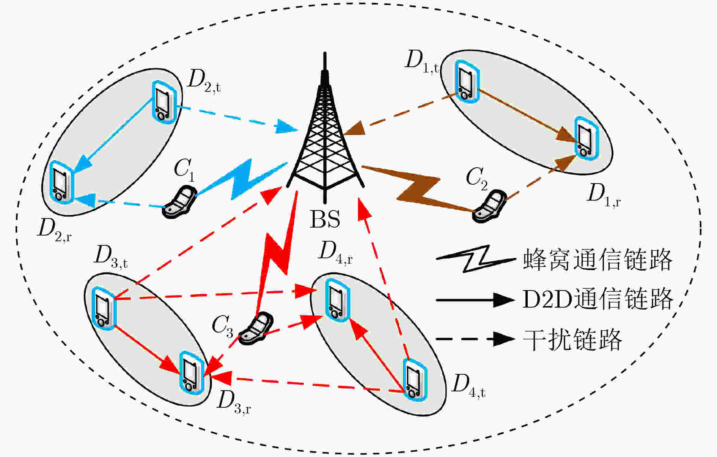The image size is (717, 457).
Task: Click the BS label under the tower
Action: [325, 219]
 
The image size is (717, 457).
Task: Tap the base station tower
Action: [325, 129]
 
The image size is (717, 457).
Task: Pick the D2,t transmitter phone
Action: [164, 102]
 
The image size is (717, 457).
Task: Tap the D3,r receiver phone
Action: [191, 373]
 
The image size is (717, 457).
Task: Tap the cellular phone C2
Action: [489, 207]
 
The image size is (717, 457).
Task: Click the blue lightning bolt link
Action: [242, 179]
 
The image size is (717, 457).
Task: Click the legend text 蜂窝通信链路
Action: [597, 260]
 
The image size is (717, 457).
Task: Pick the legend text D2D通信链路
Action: [597, 299]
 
